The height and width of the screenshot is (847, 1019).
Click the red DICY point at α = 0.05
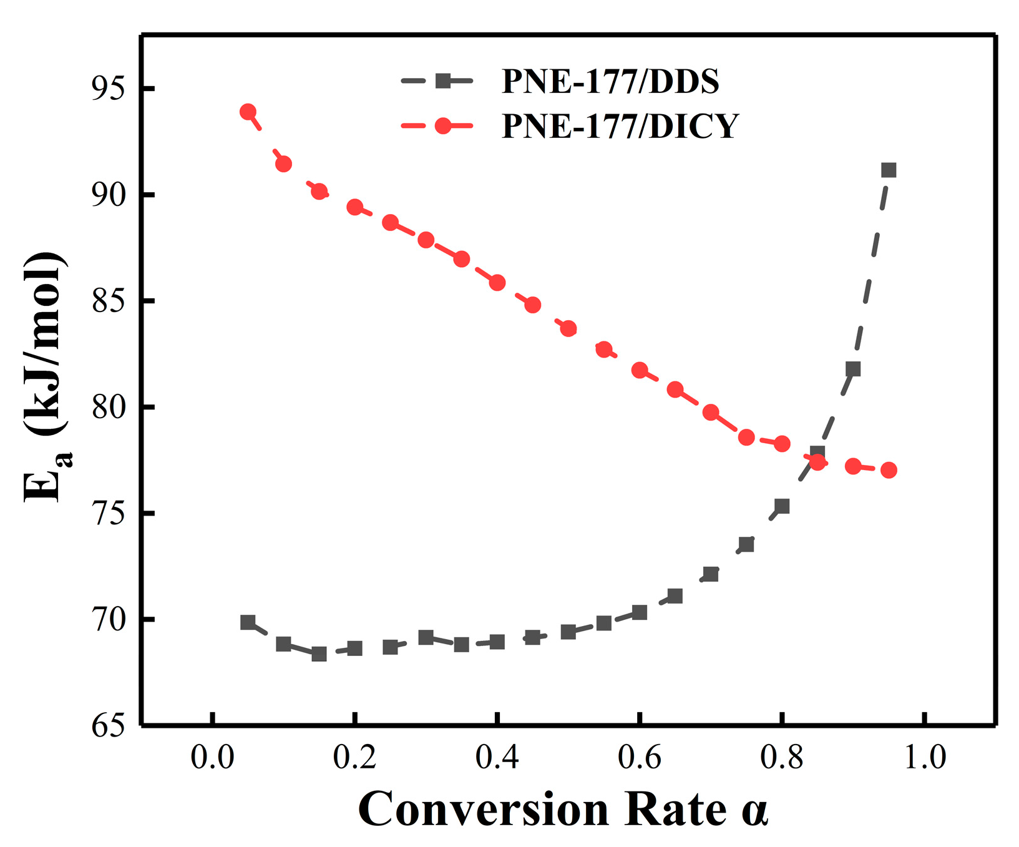pos(248,112)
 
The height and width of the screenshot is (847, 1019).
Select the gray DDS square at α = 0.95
pos(889,170)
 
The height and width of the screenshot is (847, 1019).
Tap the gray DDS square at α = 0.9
pos(853,369)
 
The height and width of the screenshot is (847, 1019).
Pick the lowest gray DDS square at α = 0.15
pos(319,654)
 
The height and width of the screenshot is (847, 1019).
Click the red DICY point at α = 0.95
pos(889,470)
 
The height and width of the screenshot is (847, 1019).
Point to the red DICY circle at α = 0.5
pos(568,328)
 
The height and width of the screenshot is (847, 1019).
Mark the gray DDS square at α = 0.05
pos(248,622)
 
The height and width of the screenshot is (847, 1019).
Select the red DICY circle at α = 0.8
pos(782,444)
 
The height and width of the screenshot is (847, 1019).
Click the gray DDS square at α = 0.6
pos(639,612)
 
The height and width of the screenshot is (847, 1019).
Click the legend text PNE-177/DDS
pos(610,82)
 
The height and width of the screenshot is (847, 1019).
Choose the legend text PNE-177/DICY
pos(620,126)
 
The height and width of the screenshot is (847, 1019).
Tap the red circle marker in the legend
pos(442,125)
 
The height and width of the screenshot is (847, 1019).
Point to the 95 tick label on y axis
pos(108,89)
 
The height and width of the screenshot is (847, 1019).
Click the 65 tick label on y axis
pos(108,726)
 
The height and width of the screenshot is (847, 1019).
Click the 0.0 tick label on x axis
pos(213,758)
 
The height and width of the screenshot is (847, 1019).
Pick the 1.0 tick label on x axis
pos(924,758)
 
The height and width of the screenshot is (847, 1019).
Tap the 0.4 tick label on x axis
pos(497,758)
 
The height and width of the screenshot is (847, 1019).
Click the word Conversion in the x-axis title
pos(484,810)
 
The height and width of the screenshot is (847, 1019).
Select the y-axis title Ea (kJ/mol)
pos(46,378)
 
